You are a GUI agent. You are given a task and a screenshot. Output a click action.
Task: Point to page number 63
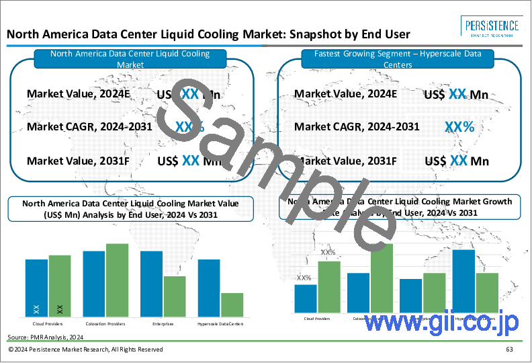(x=510, y=350)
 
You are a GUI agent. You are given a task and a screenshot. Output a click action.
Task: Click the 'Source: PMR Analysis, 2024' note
(x=46, y=335)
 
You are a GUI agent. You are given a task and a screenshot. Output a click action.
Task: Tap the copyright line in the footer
(x=87, y=350)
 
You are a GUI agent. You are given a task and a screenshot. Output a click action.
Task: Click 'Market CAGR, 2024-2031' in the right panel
(x=357, y=126)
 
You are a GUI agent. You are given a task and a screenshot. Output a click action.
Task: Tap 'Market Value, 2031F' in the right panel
(x=346, y=161)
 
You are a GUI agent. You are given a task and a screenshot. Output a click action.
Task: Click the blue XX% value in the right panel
(x=459, y=126)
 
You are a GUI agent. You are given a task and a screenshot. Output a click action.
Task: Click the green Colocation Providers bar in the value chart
(x=117, y=280)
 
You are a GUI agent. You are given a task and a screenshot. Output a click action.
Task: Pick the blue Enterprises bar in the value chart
(x=151, y=284)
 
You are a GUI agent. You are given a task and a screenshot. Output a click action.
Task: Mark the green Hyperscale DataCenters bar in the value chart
(x=232, y=304)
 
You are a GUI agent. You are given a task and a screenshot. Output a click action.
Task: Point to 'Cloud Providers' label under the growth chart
(x=317, y=319)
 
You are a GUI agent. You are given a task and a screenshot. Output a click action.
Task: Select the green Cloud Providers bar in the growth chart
(x=328, y=287)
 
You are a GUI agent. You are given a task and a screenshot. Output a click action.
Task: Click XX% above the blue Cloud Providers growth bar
(x=304, y=278)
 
